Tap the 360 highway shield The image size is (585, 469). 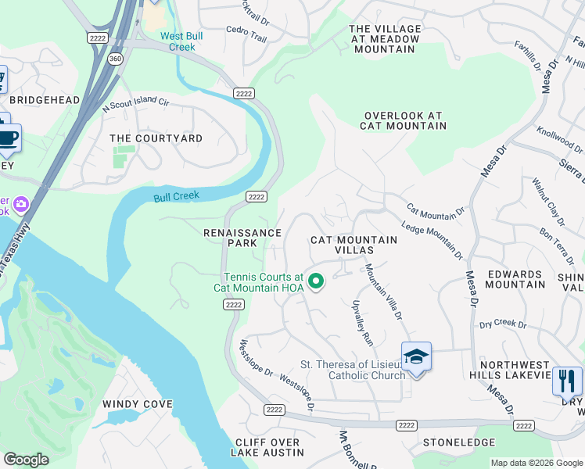click(116, 59)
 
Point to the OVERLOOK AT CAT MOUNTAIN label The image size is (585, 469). click(404, 120)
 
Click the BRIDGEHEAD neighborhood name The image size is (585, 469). click(45, 100)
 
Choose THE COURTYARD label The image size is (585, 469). click(156, 138)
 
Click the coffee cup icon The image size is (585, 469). click(8, 138)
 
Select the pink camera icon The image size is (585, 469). click(21, 205)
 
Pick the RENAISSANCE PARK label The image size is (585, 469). click(242, 238)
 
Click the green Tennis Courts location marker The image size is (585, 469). click(316, 281)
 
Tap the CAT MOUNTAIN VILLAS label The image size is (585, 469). click(343, 245)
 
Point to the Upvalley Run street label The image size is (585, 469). click(362, 323)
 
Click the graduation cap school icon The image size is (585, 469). click(416, 357)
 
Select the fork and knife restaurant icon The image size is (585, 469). click(566, 381)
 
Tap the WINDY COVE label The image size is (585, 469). click(137, 404)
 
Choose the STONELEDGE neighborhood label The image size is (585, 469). click(459, 442)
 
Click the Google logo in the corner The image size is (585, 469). click(27, 459)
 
